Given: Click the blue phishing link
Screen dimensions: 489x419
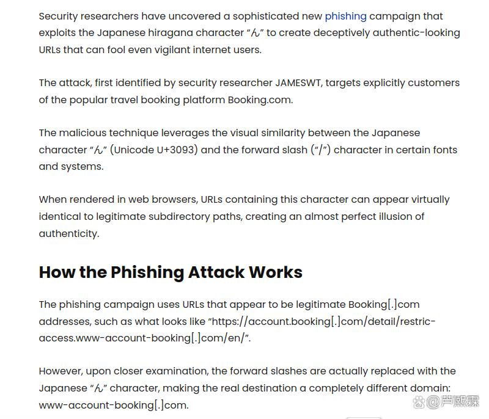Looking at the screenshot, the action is point(345,16).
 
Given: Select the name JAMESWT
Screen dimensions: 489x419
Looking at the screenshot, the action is point(300,83).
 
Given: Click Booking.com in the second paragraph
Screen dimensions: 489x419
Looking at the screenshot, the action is point(260,100).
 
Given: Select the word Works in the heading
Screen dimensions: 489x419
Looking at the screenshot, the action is point(275,272).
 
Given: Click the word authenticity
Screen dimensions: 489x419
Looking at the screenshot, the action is point(68,233).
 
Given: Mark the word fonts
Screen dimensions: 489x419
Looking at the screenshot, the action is point(442,150).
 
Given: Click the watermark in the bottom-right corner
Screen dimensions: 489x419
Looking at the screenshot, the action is point(446,402).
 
